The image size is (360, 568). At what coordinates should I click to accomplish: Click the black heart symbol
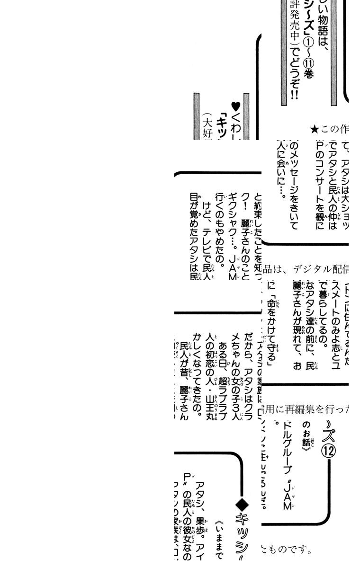point(235,106)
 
